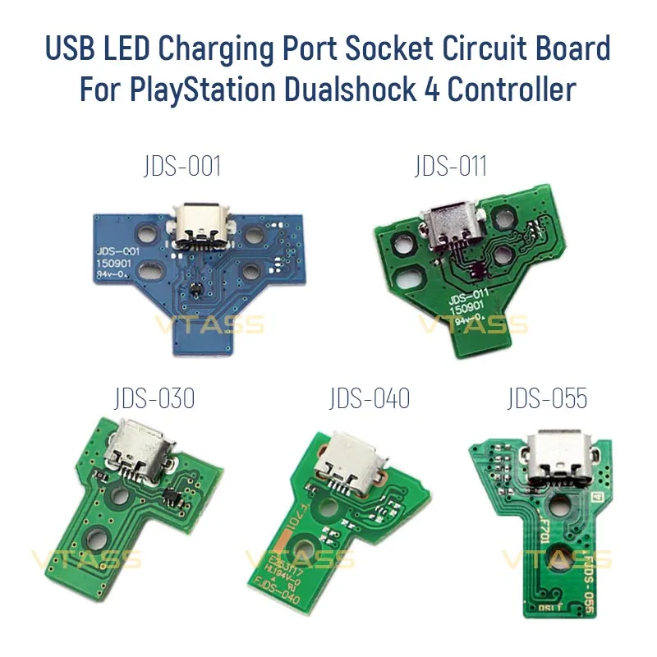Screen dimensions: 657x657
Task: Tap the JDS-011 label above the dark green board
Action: tap(450, 167)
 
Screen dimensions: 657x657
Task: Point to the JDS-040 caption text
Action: tap(369, 399)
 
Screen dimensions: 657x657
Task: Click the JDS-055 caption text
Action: tap(547, 399)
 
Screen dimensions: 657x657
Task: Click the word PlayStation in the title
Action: tap(204, 89)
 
